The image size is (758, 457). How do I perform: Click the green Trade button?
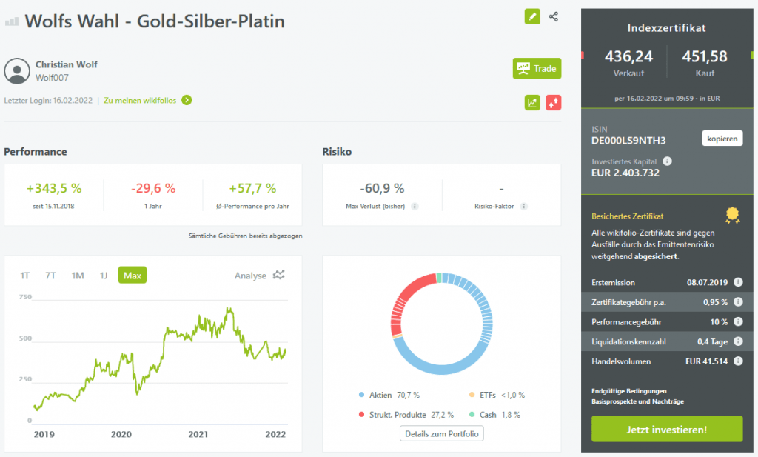(x=537, y=69)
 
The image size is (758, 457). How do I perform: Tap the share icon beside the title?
(x=554, y=16)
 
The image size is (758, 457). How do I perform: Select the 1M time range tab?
(x=78, y=276)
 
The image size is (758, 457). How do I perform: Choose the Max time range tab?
(x=133, y=276)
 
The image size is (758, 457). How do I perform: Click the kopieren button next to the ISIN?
(x=722, y=139)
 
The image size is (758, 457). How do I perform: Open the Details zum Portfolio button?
(x=442, y=433)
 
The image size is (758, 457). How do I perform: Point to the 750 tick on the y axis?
(x=25, y=297)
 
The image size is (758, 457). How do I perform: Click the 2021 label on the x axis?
(x=198, y=434)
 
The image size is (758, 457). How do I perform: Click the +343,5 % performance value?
(x=54, y=188)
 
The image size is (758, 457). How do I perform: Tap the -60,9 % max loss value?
(x=382, y=188)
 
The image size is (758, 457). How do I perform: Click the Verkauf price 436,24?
(x=628, y=56)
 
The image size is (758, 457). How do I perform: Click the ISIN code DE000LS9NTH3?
(x=628, y=140)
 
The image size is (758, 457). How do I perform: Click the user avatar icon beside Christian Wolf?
(x=17, y=70)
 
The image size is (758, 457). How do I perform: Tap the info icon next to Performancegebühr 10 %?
(x=737, y=322)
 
